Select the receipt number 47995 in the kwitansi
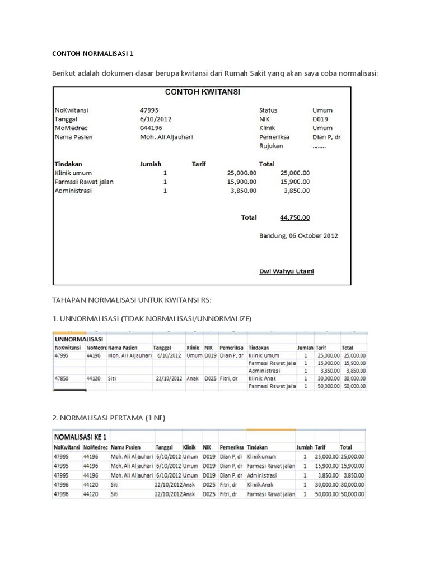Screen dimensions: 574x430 (x=148, y=110)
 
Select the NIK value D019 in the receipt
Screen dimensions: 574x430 (x=320, y=119)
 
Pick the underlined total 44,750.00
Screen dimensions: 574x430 (x=295, y=217)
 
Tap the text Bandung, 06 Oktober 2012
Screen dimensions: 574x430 (x=298, y=236)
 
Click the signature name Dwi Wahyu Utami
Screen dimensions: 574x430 (x=286, y=272)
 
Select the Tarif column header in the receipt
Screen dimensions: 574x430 (x=199, y=164)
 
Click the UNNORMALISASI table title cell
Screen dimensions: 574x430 (x=78, y=339)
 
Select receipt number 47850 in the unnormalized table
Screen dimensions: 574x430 (x=62, y=378)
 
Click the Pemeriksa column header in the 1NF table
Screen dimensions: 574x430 (x=231, y=447)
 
